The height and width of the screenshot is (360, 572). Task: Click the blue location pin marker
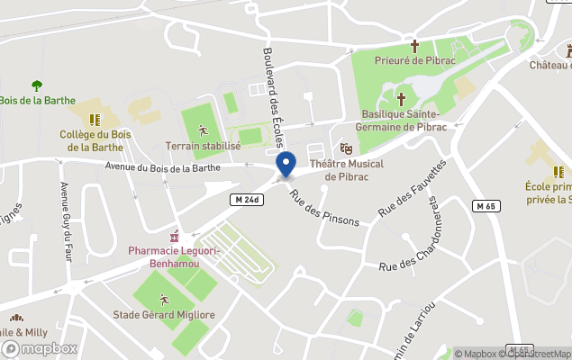pos(286,166)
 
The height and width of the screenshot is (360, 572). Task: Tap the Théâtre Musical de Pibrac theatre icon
pos(346,148)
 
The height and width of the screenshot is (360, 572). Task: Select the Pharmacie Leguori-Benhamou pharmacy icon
pos(176,237)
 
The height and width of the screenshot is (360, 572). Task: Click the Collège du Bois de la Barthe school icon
pos(95,118)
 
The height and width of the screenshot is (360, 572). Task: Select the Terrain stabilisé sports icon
pos(202,130)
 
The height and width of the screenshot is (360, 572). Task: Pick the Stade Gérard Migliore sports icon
pos(163,299)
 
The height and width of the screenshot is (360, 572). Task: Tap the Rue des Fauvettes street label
pos(412,188)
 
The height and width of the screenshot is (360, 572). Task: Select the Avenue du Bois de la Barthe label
pos(162,166)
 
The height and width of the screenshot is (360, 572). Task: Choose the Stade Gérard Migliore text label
pos(164,315)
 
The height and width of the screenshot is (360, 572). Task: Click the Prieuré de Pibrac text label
pos(415,59)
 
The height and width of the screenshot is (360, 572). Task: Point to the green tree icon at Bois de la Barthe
pos(37,85)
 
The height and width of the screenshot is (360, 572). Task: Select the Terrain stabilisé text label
pos(203,146)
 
